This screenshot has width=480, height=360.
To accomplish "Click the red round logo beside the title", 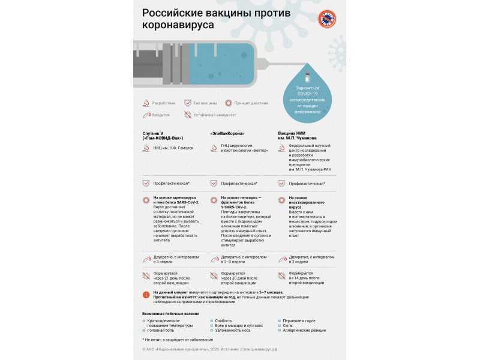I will coord(326,19).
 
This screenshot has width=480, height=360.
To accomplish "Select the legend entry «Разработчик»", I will coord(164,103).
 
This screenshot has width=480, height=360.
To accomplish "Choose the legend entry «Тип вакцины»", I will coord(205,103).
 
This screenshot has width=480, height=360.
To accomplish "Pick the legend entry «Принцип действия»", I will coord(251,103).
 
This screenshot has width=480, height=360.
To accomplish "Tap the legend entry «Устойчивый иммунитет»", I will coord(214,115).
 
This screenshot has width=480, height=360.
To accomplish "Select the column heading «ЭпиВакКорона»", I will coord(227,133).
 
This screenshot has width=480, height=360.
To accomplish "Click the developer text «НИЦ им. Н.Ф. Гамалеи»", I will coord(172,147).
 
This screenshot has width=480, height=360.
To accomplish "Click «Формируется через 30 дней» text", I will coord(239,277).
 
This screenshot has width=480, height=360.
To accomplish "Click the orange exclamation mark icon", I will coord(146,295).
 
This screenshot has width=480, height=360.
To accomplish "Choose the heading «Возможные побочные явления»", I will coord(170,314).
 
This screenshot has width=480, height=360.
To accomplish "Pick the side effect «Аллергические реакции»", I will coord(305,331).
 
